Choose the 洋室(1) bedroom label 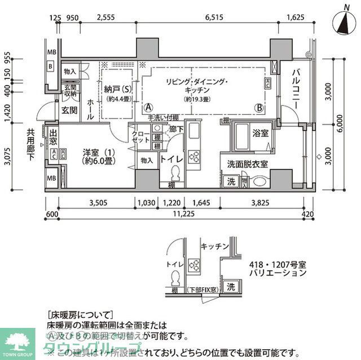click(x=86, y=155)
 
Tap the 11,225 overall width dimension click(x=180, y=214)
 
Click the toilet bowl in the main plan click(x=174, y=172)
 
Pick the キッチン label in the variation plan click(x=214, y=247)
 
